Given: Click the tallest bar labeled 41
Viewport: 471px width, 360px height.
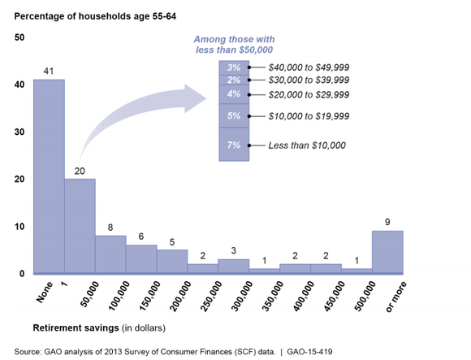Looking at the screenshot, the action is pyautogui.click(x=49, y=176).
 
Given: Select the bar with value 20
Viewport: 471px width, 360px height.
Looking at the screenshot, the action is pyautogui.click(x=80, y=226).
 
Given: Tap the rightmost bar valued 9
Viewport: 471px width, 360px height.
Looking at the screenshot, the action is pyautogui.click(x=387, y=252).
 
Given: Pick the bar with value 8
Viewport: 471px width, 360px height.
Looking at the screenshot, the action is pyautogui.click(x=110, y=254).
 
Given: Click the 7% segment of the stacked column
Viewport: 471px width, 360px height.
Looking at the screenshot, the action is pyautogui.click(x=234, y=145).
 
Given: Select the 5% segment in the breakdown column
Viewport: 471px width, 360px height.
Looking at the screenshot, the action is pyautogui.click(x=234, y=115).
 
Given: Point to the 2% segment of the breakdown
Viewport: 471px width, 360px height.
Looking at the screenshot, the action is pyautogui.click(x=234, y=80).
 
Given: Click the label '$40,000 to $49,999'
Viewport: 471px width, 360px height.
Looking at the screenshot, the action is pyautogui.click(x=309, y=67).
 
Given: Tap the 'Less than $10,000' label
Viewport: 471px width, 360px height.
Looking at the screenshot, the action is pyautogui.click(x=307, y=145).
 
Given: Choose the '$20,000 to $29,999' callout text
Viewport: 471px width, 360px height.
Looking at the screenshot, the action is pyautogui.click(x=309, y=94).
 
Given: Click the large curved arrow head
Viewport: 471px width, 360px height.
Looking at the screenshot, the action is pyautogui.click(x=195, y=98).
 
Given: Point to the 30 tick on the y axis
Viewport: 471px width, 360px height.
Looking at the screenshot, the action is pyautogui.click(x=19, y=132).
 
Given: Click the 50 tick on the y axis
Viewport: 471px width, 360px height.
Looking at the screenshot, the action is pyautogui.click(x=19, y=37).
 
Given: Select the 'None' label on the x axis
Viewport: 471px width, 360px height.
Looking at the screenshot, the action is pyautogui.click(x=45, y=292).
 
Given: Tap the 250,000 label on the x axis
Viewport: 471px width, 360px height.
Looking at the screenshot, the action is pyautogui.click(x=212, y=297).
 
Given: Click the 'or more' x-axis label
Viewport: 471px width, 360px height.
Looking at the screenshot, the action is pyautogui.click(x=396, y=297).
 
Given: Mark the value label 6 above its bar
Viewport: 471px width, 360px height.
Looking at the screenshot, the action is pyautogui.click(x=141, y=236).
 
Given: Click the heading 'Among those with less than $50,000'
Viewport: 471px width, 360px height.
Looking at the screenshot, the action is pyautogui.click(x=234, y=45).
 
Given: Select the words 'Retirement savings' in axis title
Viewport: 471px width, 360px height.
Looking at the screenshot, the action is pyautogui.click(x=76, y=327).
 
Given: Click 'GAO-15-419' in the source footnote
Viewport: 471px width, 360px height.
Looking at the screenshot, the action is pyautogui.click(x=309, y=352).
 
